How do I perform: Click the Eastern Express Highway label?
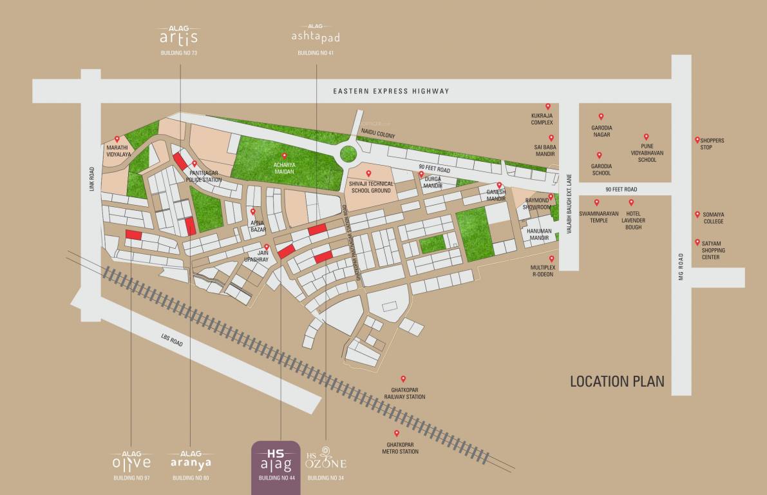click(391, 91)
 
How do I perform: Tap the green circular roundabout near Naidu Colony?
click(348, 154)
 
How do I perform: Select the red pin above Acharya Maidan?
click(285, 155)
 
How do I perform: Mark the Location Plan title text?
click(617, 382)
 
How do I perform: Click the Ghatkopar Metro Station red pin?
click(397, 433)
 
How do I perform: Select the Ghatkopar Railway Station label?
click(408, 393)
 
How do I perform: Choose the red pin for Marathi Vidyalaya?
click(117, 139)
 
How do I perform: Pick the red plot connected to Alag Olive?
click(133, 235)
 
